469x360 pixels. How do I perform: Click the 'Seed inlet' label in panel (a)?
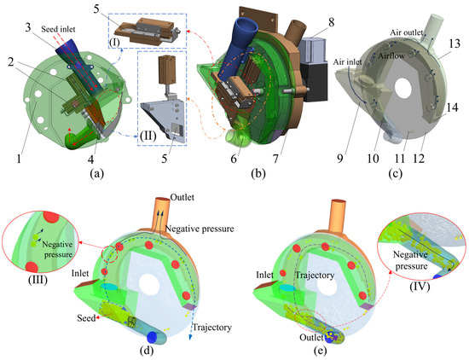click(x=58, y=29)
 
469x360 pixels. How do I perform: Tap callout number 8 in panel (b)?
click(x=331, y=23)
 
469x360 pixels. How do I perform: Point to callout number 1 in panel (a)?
click(x=19, y=159)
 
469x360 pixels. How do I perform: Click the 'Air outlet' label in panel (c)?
click(x=407, y=32)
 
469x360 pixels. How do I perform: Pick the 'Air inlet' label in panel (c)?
click(x=347, y=62)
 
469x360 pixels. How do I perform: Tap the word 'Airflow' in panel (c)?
click(x=391, y=55)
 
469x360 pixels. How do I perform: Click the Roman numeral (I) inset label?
click(x=114, y=43)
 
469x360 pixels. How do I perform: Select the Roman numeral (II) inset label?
click(x=148, y=136)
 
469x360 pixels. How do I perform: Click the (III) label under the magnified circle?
click(x=38, y=280)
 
